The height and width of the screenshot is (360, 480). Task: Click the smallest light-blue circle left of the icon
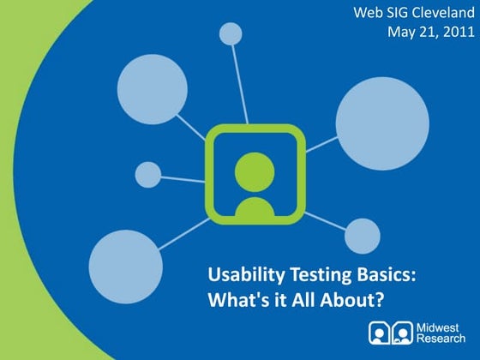tap(148, 175)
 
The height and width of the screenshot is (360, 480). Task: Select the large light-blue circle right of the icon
tap(382, 117)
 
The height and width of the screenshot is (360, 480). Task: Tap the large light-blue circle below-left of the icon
tap(126, 266)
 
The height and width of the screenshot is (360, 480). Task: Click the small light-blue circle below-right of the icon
tap(363, 235)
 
